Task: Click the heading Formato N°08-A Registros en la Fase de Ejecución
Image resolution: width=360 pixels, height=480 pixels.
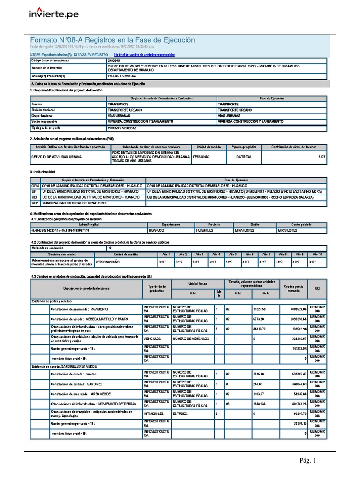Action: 112,40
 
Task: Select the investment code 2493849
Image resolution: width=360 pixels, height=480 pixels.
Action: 113,61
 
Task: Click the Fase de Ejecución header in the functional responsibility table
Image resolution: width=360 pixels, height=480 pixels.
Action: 272,98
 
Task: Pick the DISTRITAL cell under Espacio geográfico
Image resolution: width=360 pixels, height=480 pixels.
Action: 244,157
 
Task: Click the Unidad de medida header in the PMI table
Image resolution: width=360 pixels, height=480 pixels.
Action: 208,147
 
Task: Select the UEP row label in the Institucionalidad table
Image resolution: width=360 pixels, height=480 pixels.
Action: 35,203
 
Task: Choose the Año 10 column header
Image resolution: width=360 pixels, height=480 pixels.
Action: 317,254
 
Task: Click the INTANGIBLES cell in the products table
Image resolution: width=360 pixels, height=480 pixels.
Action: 154,414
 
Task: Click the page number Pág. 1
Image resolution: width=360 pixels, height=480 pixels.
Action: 308,460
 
